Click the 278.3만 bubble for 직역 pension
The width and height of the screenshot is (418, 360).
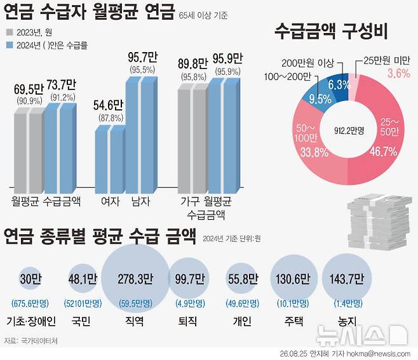[x=135, y=278]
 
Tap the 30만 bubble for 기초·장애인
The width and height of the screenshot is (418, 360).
[x=30, y=279]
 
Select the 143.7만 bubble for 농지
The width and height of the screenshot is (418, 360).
[x=347, y=278]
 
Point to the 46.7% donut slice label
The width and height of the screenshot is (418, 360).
[x=383, y=152]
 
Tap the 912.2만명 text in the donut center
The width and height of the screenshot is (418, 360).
[x=349, y=131]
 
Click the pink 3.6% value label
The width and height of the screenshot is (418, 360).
[x=399, y=73]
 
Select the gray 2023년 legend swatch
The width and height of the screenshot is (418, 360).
[x=10, y=32]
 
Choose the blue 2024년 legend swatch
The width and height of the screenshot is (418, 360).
[x=10, y=45]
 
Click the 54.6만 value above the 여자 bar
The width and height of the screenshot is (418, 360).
[x=108, y=105]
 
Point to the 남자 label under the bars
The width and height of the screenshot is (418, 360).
[x=141, y=201]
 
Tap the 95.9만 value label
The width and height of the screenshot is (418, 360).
[x=227, y=59]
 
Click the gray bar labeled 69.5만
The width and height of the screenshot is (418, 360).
[x=29, y=150]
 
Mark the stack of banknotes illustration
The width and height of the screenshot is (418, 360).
[x=379, y=223]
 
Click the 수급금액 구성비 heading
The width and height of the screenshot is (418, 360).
[x=331, y=32]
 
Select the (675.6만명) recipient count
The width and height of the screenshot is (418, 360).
[x=30, y=303]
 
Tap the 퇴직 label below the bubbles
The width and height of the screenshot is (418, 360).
[x=187, y=321]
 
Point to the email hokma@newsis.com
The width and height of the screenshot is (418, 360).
[x=379, y=354]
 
